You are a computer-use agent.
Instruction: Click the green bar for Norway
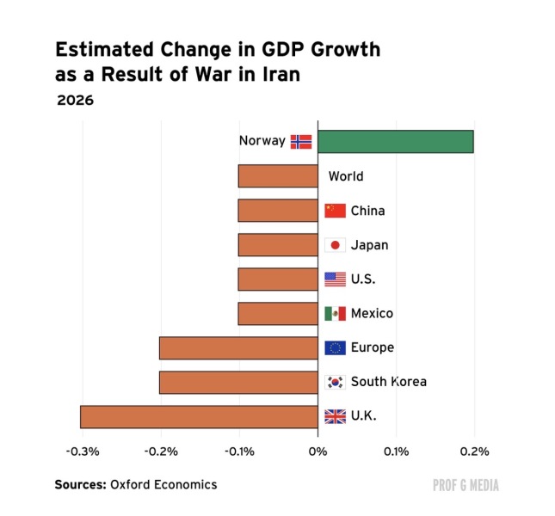(x=395, y=141)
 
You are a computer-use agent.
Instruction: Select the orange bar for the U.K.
(x=199, y=416)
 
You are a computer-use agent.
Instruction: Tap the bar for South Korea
(x=238, y=382)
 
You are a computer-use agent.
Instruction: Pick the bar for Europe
(x=238, y=347)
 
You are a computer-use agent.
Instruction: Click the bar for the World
(x=277, y=175)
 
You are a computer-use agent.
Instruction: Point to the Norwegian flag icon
(x=301, y=141)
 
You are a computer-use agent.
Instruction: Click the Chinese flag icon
(x=335, y=211)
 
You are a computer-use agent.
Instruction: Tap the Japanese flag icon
(x=335, y=245)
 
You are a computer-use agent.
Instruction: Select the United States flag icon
(x=335, y=279)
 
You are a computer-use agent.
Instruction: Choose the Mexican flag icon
(x=335, y=314)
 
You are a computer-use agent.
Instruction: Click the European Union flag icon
(x=335, y=347)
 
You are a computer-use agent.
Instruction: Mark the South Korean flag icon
(x=335, y=382)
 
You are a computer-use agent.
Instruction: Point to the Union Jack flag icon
(x=335, y=416)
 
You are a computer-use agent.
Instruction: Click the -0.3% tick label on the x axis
(x=82, y=451)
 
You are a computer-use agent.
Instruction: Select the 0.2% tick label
(x=474, y=451)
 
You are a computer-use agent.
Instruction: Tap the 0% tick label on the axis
(x=318, y=451)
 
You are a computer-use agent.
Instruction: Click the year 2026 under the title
(x=76, y=100)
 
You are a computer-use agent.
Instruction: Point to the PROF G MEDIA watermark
(x=466, y=485)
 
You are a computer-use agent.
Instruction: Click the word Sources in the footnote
(x=80, y=484)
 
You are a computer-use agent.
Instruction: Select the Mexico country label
(x=372, y=314)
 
